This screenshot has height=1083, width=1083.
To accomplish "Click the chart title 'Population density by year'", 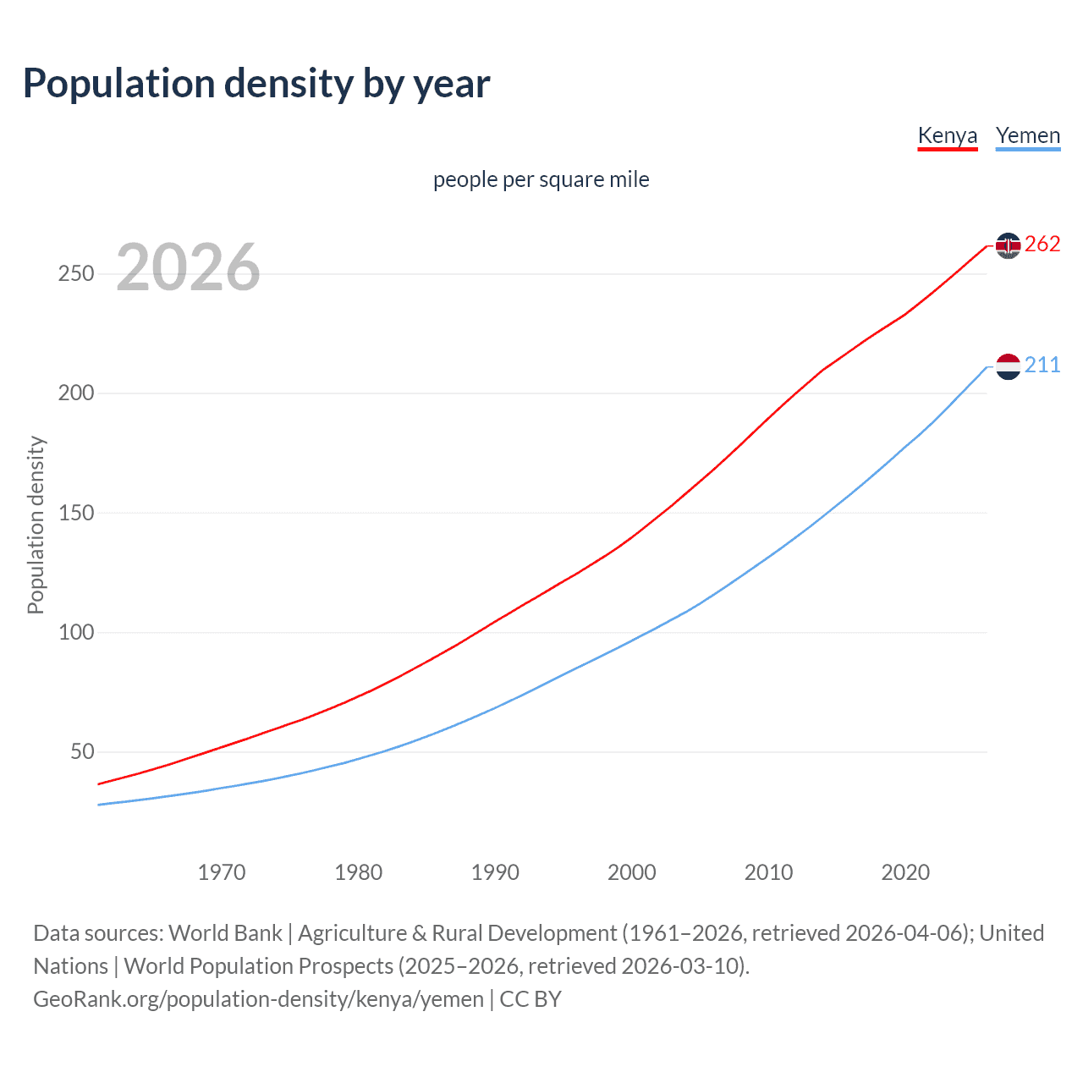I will point(256,84).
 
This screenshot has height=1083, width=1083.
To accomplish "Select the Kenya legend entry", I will point(947,136).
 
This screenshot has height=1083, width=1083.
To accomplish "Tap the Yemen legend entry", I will point(1027,136).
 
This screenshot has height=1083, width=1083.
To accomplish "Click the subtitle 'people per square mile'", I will point(541,179).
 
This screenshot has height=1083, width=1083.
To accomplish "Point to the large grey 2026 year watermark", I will point(188,267).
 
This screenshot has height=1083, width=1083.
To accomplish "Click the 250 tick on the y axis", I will point(76,274).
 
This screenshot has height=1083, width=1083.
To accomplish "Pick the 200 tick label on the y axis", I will point(76,393).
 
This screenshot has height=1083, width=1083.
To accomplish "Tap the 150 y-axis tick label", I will point(76,513).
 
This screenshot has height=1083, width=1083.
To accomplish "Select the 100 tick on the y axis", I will point(76,632).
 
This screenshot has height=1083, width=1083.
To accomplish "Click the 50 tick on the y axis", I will point(82,751).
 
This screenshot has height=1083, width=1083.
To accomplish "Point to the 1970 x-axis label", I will point(222,872).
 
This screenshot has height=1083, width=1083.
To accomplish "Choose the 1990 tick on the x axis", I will point(495,872).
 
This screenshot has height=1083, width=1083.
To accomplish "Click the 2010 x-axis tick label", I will point(768,872).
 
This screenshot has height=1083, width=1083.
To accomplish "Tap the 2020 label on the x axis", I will point(905,872).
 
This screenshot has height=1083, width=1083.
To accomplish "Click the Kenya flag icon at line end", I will point(1008,245).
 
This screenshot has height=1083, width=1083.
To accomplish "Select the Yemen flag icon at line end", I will point(1008,366).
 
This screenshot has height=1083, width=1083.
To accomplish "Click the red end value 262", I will point(1042,245).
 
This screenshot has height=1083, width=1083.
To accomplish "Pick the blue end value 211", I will point(1042,366).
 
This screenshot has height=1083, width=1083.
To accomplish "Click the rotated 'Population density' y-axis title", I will point(36,525).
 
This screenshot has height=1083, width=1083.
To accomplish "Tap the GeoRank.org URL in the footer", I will point(258,999).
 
